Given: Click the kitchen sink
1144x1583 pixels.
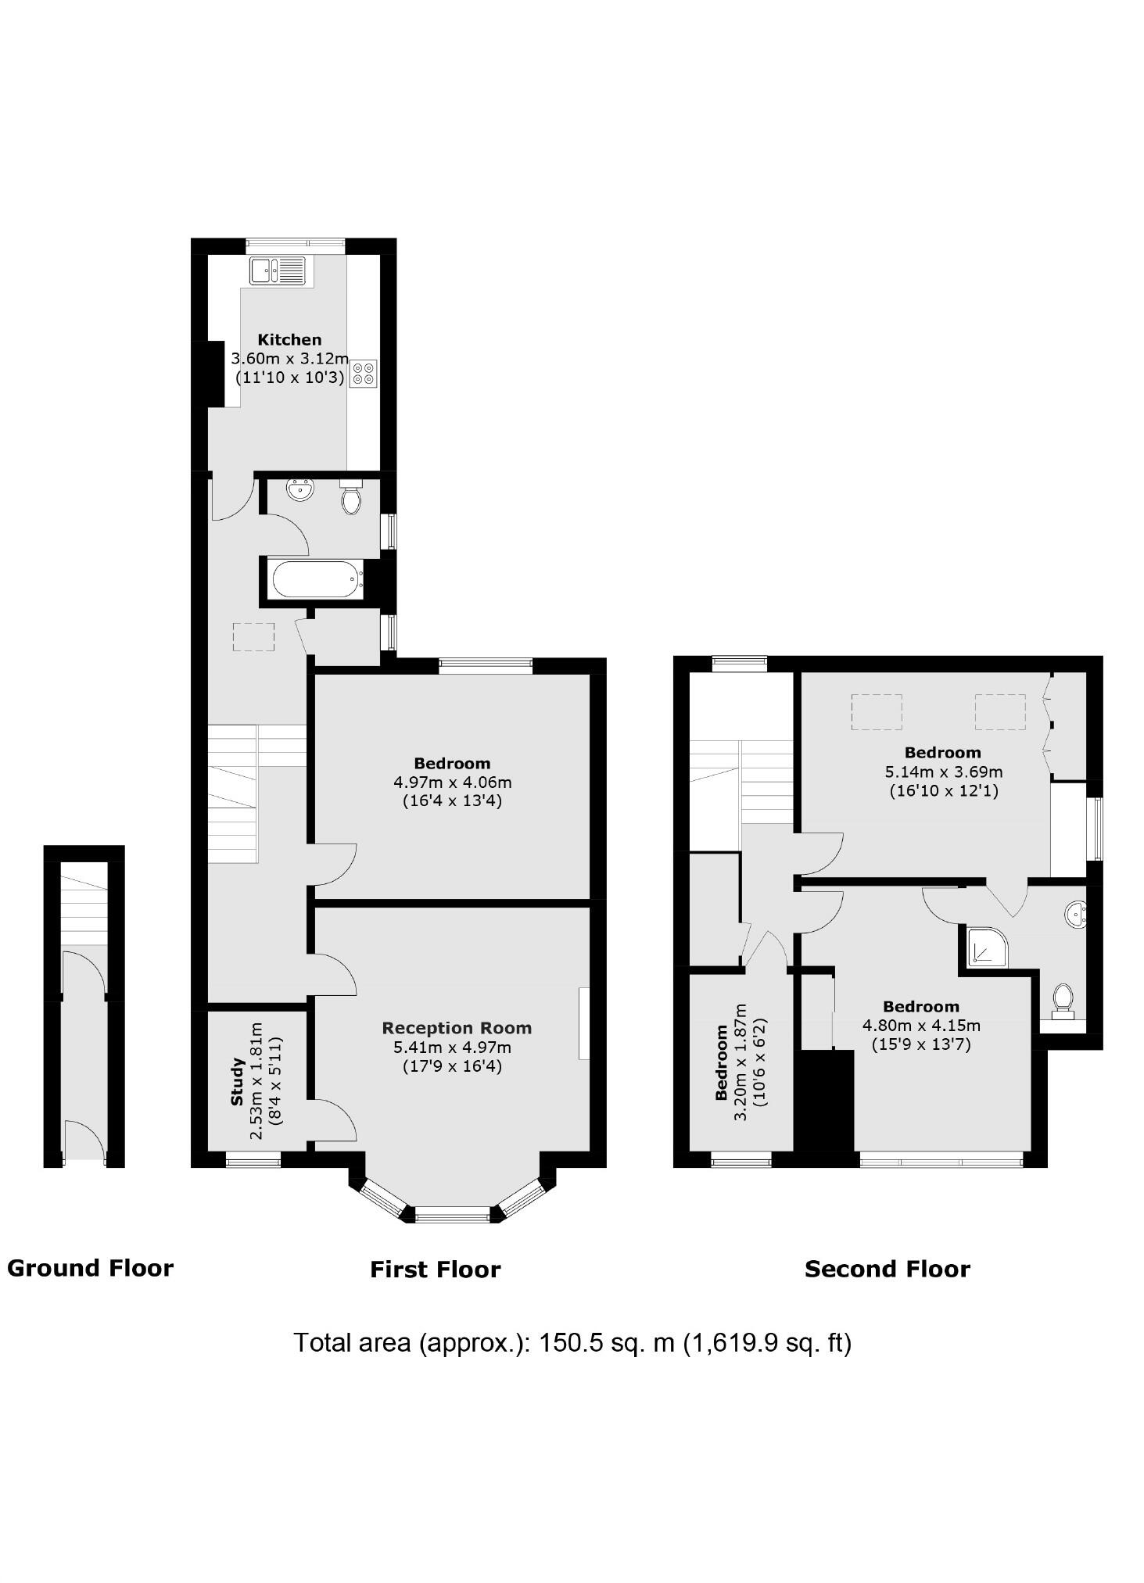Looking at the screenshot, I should click(x=278, y=270).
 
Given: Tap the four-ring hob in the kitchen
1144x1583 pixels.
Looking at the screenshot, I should click(x=364, y=374).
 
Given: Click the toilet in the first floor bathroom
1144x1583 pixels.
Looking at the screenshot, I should click(x=352, y=498).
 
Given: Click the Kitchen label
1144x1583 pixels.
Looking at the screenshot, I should click(x=289, y=339).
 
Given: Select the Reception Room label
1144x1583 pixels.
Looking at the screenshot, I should click(x=457, y=1028).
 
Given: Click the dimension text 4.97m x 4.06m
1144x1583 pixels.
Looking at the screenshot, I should click(x=452, y=782).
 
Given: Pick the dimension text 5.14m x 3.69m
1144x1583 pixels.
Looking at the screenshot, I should click(x=943, y=772).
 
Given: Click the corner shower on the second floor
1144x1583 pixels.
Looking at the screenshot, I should click(x=985, y=947).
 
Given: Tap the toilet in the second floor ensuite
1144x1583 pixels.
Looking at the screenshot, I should click(x=1062, y=1001).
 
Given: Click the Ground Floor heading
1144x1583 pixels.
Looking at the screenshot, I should click(x=90, y=1268).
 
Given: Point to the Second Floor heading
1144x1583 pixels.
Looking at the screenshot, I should click(x=887, y=1269).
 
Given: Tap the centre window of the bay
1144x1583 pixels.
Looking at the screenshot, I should click(x=452, y=1214).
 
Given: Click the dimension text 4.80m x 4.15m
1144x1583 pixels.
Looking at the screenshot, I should click(x=921, y=1026).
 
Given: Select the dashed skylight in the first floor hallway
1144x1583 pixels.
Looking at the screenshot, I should click(x=253, y=636).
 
